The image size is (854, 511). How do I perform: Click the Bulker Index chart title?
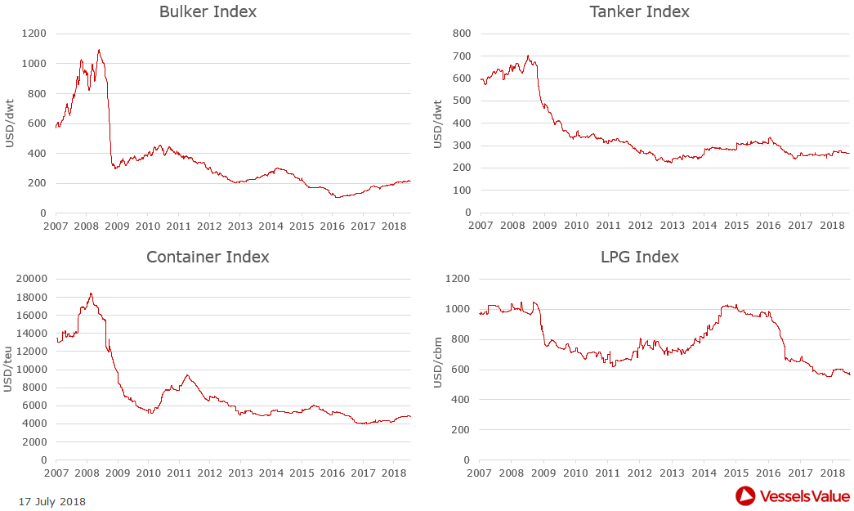click(208, 12)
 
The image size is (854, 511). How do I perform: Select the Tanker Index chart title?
click(639, 12)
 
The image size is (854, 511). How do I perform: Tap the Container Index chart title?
click(208, 257)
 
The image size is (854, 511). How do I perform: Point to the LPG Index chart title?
click(639, 257)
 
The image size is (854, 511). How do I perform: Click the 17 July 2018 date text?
click(51, 501)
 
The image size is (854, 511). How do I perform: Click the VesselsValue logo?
click(793, 495)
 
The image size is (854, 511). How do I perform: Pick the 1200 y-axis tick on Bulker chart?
click(34, 34)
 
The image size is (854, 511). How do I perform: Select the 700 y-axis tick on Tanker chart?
click(463, 56)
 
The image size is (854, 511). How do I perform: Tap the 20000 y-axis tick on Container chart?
click(31, 279)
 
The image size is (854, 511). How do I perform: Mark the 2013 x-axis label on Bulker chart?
click(239, 226)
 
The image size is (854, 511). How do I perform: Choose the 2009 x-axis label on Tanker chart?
click(544, 226)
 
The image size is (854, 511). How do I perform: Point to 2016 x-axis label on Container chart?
click(332, 473)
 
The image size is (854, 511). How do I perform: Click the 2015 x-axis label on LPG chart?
click(736, 473)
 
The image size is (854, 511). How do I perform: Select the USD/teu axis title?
click(9, 369)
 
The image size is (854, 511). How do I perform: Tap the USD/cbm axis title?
click(438, 369)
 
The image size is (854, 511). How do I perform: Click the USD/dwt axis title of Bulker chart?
click(9, 123)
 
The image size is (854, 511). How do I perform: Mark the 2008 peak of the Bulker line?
click(99, 50)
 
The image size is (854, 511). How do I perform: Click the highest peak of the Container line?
click(91, 294)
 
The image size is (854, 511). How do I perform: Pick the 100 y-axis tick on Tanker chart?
click(463, 191)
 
